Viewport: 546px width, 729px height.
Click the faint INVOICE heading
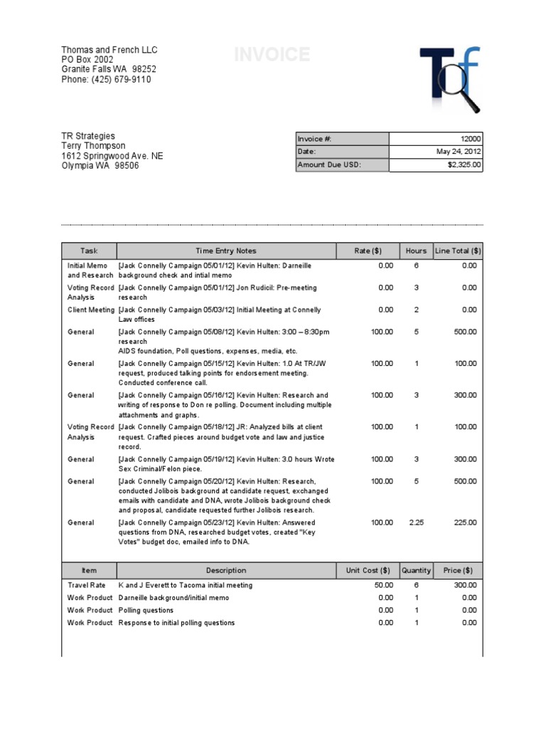(272, 55)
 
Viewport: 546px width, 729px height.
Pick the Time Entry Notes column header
(226, 251)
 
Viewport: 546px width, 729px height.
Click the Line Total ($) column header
(458, 251)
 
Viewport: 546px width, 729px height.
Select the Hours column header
(416, 251)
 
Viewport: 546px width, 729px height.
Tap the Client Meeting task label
(91, 310)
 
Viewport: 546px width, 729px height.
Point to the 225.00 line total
(466, 523)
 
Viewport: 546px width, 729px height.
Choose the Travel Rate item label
(87, 585)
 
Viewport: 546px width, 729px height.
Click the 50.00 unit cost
(384, 585)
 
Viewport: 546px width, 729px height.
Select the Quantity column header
(416, 570)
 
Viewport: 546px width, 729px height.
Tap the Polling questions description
(146, 610)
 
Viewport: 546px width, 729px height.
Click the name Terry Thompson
(93, 146)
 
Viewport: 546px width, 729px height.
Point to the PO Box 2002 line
(87, 60)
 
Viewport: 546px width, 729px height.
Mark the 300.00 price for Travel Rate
(466, 585)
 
